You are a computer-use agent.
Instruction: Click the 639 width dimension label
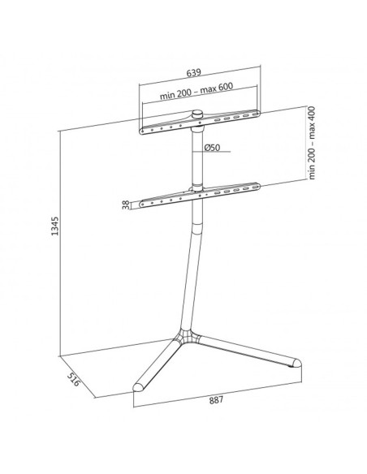point(193,73)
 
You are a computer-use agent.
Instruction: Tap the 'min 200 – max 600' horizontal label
point(196,90)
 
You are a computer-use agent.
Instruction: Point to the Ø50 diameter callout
point(212,148)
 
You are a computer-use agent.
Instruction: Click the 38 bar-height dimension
point(126,205)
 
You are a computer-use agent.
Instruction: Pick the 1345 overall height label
point(54,226)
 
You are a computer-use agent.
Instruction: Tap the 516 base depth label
point(73,379)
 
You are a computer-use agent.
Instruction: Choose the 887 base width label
point(217,400)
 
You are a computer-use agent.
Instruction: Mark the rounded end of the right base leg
point(296,363)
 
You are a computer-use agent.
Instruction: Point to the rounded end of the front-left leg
point(138,387)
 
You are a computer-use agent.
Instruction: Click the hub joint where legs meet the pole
point(188,336)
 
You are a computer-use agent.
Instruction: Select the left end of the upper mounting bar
point(143,131)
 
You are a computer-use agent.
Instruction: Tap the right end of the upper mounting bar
point(257,114)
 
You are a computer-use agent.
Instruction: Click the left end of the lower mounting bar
point(142,205)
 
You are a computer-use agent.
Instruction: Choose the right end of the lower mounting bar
point(257,186)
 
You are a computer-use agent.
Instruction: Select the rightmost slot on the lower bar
point(256,187)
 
